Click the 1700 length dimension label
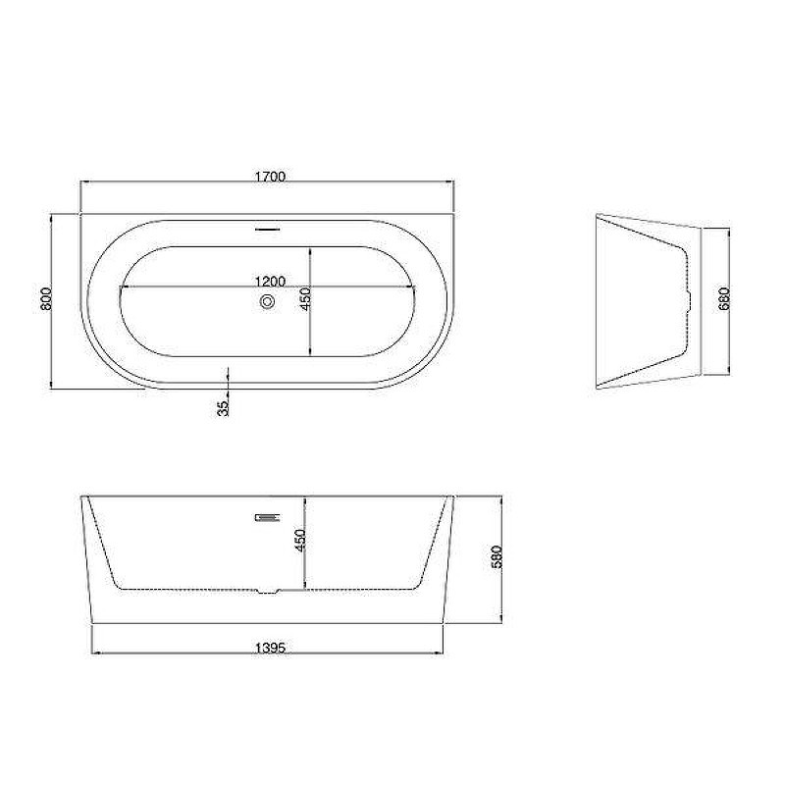270,177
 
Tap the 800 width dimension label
45,298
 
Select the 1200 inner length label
271,282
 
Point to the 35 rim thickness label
223,408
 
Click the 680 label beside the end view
724,299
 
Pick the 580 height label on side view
497,556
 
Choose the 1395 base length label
271,648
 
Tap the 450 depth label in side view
300,541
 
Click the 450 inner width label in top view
305,298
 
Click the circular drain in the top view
267,302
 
